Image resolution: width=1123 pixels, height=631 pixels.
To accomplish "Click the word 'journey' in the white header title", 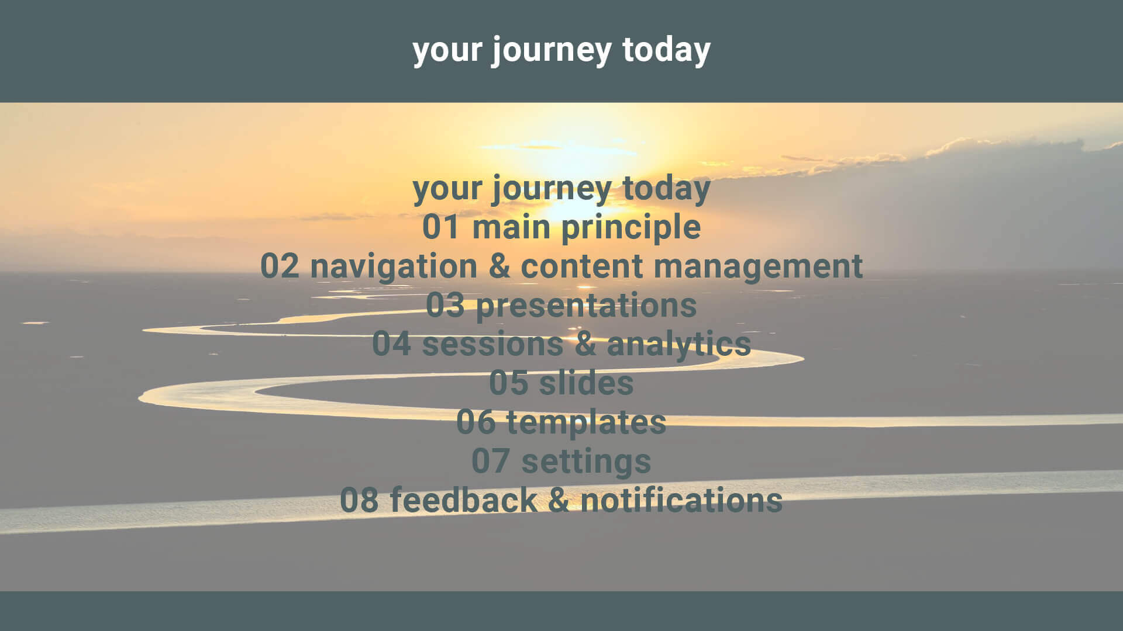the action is point(551,51).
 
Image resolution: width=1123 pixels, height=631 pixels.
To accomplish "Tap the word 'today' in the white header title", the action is point(666,50).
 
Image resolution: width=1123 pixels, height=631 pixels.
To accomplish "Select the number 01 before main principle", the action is point(441,227).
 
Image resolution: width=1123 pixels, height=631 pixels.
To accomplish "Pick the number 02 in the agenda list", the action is point(280,266).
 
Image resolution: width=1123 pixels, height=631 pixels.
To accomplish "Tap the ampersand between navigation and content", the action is point(499,266).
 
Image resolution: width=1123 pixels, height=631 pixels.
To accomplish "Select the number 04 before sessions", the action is point(391,344).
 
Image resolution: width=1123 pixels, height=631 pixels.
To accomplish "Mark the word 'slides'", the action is point(586,383).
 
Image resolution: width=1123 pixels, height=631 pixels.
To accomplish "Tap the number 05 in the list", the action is point(508,383).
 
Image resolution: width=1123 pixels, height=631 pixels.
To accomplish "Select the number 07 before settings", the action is point(490,461).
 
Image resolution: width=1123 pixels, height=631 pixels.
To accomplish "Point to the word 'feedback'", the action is point(463,500).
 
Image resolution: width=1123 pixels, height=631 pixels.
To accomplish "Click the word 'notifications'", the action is point(681,500).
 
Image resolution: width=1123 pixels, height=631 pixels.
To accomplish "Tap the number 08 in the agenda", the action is point(359,500).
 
